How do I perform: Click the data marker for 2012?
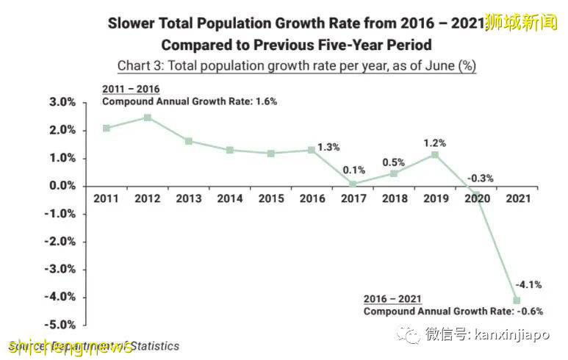tap(148, 118)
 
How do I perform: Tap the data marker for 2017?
tap(353, 184)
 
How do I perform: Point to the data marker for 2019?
tap(435, 155)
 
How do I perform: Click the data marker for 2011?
tap(107, 128)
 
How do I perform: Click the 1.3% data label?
tap(329, 147)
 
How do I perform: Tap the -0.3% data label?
tap(481, 178)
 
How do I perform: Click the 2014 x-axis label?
tap(230, 198)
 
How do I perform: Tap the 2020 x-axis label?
tap(475, 198)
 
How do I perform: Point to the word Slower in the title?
tap(134, 22)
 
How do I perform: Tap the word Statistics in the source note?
tap(153, 345)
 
